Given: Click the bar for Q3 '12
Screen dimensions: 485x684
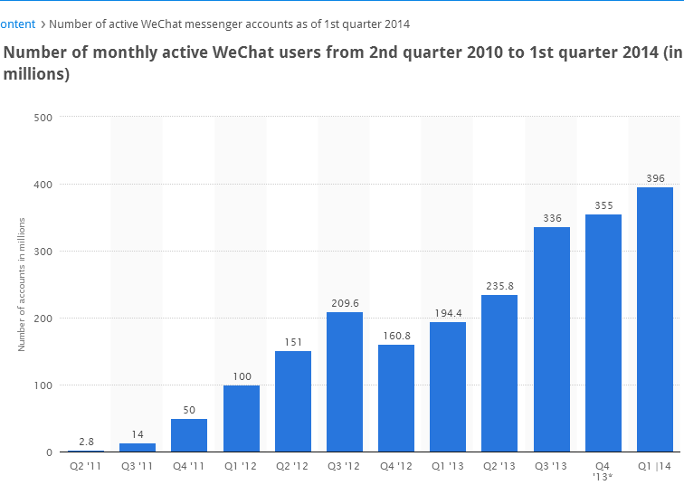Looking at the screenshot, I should click(344, 382).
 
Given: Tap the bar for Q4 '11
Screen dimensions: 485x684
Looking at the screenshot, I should click(189, 435).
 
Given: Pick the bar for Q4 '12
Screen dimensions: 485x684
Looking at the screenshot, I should click(396, 398).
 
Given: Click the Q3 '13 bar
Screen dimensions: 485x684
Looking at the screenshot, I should click(552, 339).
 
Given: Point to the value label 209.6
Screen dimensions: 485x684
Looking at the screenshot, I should click(344, 303).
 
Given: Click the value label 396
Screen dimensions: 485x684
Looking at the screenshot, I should click(655, 177).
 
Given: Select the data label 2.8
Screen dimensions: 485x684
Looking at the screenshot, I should click(85, 441).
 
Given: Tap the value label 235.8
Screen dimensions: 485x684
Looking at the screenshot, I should click(499, 285).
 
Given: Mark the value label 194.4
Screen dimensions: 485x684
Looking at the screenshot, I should click(448, 313).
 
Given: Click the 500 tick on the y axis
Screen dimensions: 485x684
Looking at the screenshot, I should click(43, 118).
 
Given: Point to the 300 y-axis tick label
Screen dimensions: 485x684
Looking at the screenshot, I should click(43, 252).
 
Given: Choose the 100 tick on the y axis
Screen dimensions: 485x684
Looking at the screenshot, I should click(43, 385).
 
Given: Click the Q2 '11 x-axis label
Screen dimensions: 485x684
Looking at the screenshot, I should click(85, 467).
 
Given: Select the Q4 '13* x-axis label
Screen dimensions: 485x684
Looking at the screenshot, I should click(603, 471).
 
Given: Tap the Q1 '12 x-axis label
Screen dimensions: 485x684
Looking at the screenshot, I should click(241, 467).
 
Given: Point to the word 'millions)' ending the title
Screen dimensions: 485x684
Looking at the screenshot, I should click(37, 74).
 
